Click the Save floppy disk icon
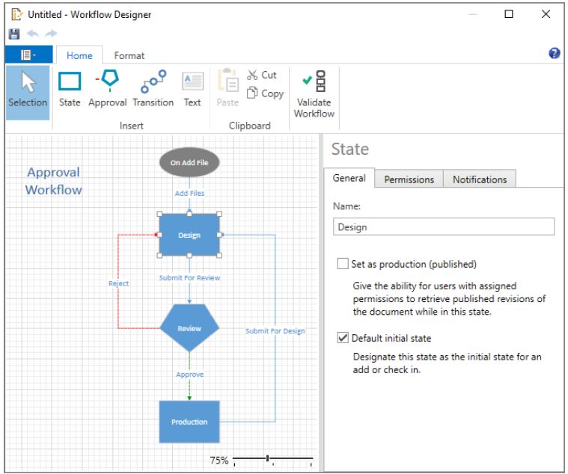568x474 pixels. (14, 34)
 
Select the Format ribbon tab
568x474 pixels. (129, 55)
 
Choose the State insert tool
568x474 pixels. (70, 89)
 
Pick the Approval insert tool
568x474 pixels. (107, 89)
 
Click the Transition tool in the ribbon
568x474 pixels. (153, 89)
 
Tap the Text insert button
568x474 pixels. (192, 89)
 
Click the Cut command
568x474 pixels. (261, 75)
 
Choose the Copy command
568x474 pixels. (265, 93)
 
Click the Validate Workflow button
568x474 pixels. (314, 94)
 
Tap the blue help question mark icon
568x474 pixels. (555, 53)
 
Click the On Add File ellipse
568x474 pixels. (189, 162)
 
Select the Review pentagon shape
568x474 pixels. (189, 327)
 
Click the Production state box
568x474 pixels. (189, 422)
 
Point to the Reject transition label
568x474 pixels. (118, 283)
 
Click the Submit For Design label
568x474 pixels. (275, 330)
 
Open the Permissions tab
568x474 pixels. (409, 179)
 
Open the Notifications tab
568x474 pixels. (480, 179)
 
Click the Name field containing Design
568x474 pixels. (444, 227)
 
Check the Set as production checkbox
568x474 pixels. (343, 263)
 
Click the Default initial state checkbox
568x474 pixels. (343, 338)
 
